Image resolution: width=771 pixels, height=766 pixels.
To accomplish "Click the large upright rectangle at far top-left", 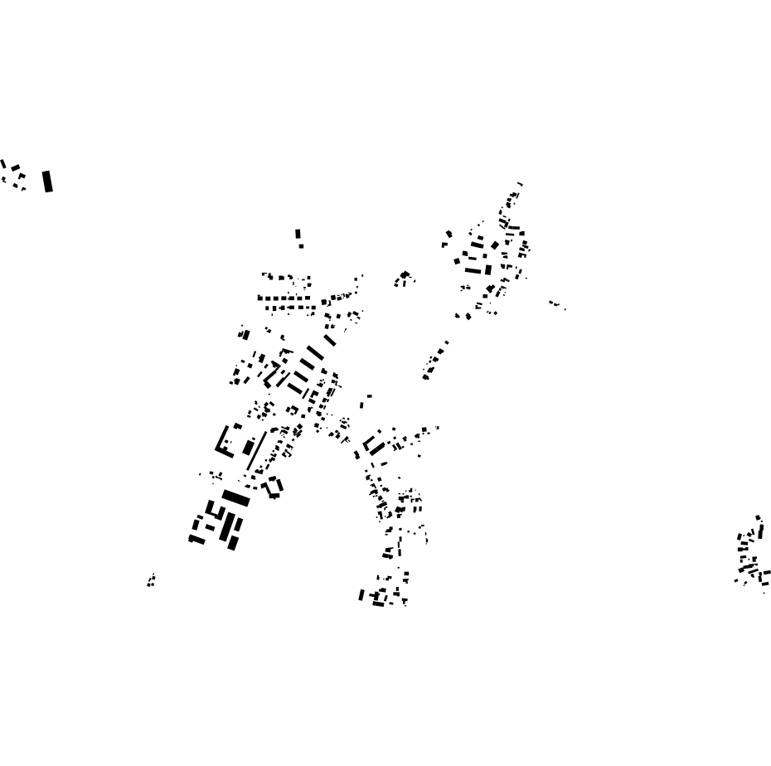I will tap(47, 181).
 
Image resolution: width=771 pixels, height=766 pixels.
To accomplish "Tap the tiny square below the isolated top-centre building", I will tap(301, 245).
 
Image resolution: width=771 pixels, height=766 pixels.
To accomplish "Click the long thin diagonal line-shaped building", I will tap(257, 450).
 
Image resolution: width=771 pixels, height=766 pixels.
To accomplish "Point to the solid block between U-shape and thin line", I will tap(248, 447).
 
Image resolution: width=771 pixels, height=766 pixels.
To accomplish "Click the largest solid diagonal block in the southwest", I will tap(235, 497).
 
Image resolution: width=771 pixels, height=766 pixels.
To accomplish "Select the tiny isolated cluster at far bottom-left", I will tap(151, 580).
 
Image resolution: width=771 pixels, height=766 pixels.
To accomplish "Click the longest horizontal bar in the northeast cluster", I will tap(473, 269).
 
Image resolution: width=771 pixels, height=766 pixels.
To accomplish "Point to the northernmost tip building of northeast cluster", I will tap(520, 184).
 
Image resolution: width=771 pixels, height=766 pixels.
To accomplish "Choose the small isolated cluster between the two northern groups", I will tap(404, 278).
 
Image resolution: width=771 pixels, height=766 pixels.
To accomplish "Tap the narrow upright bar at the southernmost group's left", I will tap(361, 594).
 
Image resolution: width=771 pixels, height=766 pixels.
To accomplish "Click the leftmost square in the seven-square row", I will tap(260, 298).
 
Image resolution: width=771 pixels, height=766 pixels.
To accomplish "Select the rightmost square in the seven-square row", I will tap(308, 298).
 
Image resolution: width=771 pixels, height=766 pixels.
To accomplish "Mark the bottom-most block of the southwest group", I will tap(232, 544).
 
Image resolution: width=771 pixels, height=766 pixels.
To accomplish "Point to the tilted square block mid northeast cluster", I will tap(495, 245).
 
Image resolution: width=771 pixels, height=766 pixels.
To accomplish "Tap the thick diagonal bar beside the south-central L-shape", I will tap(377, 448).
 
